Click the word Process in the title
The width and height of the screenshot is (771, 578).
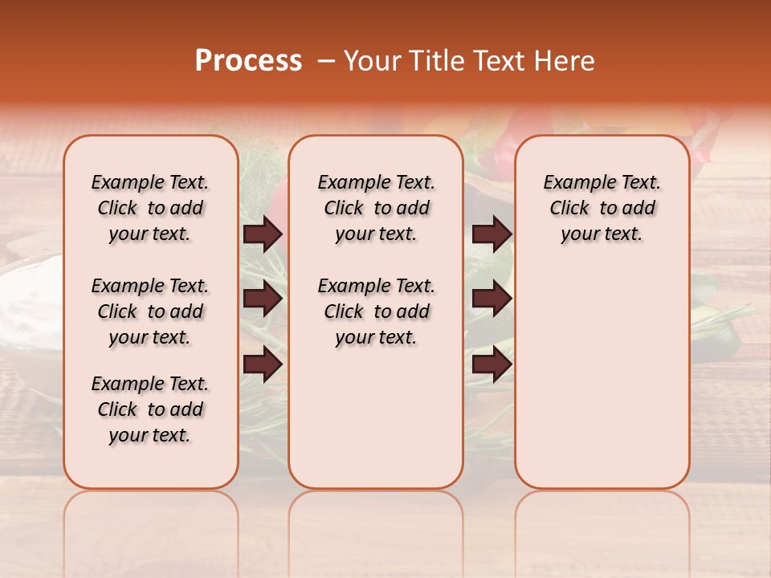(248, 61)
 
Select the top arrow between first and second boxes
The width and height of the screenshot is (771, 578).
(263, 234)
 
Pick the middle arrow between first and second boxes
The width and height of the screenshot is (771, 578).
(263, 299)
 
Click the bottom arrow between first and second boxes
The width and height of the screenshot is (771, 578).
(263, 364)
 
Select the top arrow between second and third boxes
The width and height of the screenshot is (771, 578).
(492, 234)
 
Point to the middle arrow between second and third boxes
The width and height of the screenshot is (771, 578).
(492, 299)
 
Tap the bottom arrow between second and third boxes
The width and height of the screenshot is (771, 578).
(492, 364)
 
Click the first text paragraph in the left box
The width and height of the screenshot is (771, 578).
(150, 208)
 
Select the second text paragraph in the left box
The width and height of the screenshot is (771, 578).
(150, 311)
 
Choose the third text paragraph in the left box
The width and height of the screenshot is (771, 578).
(150, 409)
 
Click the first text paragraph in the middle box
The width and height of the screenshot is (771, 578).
(376, 208)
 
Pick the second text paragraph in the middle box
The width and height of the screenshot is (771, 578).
(376, 311)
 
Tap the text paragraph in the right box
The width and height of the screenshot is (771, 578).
(602, 208)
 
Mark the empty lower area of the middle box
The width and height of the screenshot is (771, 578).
(376, 417)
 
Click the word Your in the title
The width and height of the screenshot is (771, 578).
(366, 61)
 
